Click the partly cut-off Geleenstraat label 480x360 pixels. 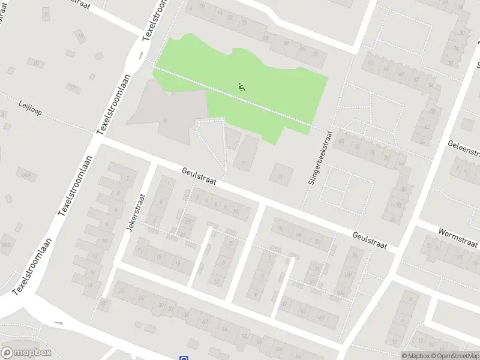coord(463,151)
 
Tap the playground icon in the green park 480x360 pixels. coord(242,86)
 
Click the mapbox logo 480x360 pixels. coord(26,353)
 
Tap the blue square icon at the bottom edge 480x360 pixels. coord(183,358)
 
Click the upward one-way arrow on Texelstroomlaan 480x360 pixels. coord(141,56)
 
